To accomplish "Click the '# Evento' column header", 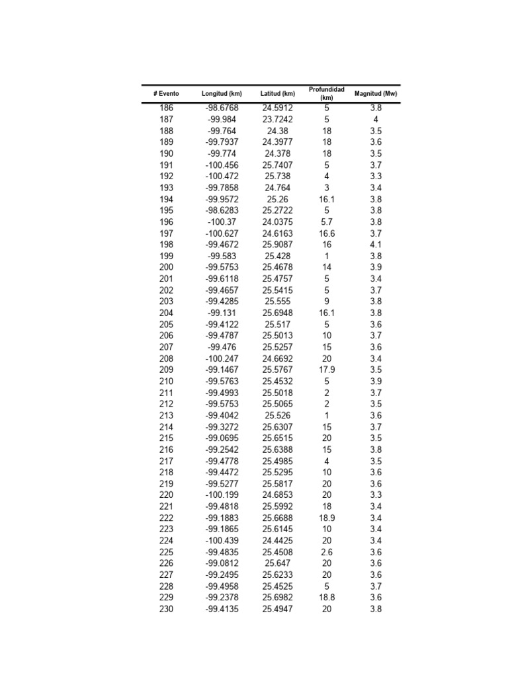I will tap(166, 94).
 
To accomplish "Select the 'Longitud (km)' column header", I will tap(222, 94).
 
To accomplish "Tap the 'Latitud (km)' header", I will tap(278, 94).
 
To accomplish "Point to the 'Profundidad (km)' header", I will tap(327, 93).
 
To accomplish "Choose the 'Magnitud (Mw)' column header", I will tap(376, 94).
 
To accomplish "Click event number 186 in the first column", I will tap(166, 108).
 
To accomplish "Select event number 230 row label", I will tap(166, 609).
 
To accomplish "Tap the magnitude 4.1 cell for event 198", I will tap(376, 245).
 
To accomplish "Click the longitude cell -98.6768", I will tap(222, 108).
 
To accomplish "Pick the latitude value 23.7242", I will tap(278, 120).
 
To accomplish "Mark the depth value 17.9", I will tap(327, 370).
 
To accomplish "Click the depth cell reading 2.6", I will tap(327, 552).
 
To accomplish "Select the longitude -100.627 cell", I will tap(222, 233).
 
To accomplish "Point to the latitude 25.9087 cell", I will tap(278, 245).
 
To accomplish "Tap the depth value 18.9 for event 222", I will tap(327, 518).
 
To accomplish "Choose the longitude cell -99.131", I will tap(222, 313).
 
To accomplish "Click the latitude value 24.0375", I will tap(278, 222).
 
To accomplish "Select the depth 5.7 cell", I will tap(327, 222).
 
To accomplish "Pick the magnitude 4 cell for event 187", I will tap(376, 120).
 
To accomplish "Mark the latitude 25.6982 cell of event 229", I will tap(278, 598).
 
